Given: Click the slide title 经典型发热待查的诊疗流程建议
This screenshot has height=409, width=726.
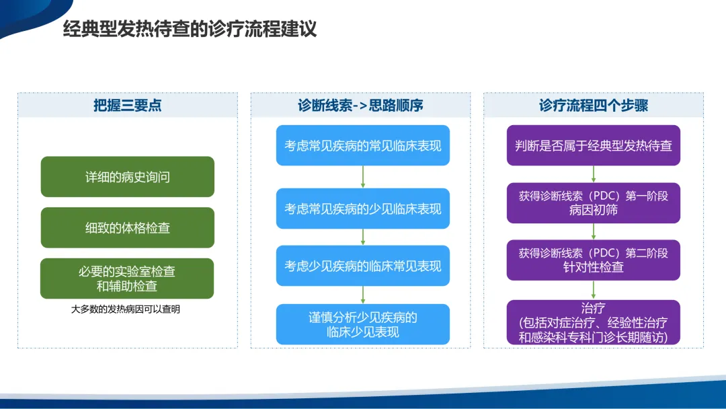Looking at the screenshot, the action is (190, 29).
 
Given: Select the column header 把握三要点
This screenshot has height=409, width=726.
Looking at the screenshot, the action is (127, 105).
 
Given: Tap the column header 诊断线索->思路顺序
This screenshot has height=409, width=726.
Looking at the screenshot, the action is (361, 105).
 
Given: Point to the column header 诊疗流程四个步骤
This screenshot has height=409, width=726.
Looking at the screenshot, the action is (593, 105).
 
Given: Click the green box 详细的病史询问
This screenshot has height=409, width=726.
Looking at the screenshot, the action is (127, 176).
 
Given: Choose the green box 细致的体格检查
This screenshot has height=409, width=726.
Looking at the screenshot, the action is (127, 227).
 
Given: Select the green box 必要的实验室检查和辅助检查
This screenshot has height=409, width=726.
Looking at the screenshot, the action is (127, 278).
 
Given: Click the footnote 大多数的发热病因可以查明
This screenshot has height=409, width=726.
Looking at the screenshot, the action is (126, 309).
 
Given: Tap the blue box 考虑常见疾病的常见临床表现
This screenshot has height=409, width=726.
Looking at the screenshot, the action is (363, 145).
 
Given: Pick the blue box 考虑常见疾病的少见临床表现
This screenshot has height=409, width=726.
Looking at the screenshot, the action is (363, 209).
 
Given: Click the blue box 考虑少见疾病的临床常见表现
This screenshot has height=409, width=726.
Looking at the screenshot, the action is (363, 266).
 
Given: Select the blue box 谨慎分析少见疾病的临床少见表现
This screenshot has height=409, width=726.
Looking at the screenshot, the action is (363, 324).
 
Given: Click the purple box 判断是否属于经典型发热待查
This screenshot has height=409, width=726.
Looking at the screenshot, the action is (593, 145).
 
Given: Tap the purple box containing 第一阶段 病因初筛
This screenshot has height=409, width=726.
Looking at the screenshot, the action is (593, 203).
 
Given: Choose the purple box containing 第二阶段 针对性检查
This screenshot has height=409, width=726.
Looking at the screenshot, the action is (593, 260).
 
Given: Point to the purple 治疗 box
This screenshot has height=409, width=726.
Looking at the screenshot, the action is (593, 322).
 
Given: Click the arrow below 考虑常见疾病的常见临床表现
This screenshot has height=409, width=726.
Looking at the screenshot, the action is (363, 177).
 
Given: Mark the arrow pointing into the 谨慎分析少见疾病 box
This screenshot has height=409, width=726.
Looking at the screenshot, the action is (363, 295).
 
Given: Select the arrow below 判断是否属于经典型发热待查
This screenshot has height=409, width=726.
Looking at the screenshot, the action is (593, 174).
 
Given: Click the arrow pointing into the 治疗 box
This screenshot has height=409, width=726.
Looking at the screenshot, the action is (593, 290).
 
